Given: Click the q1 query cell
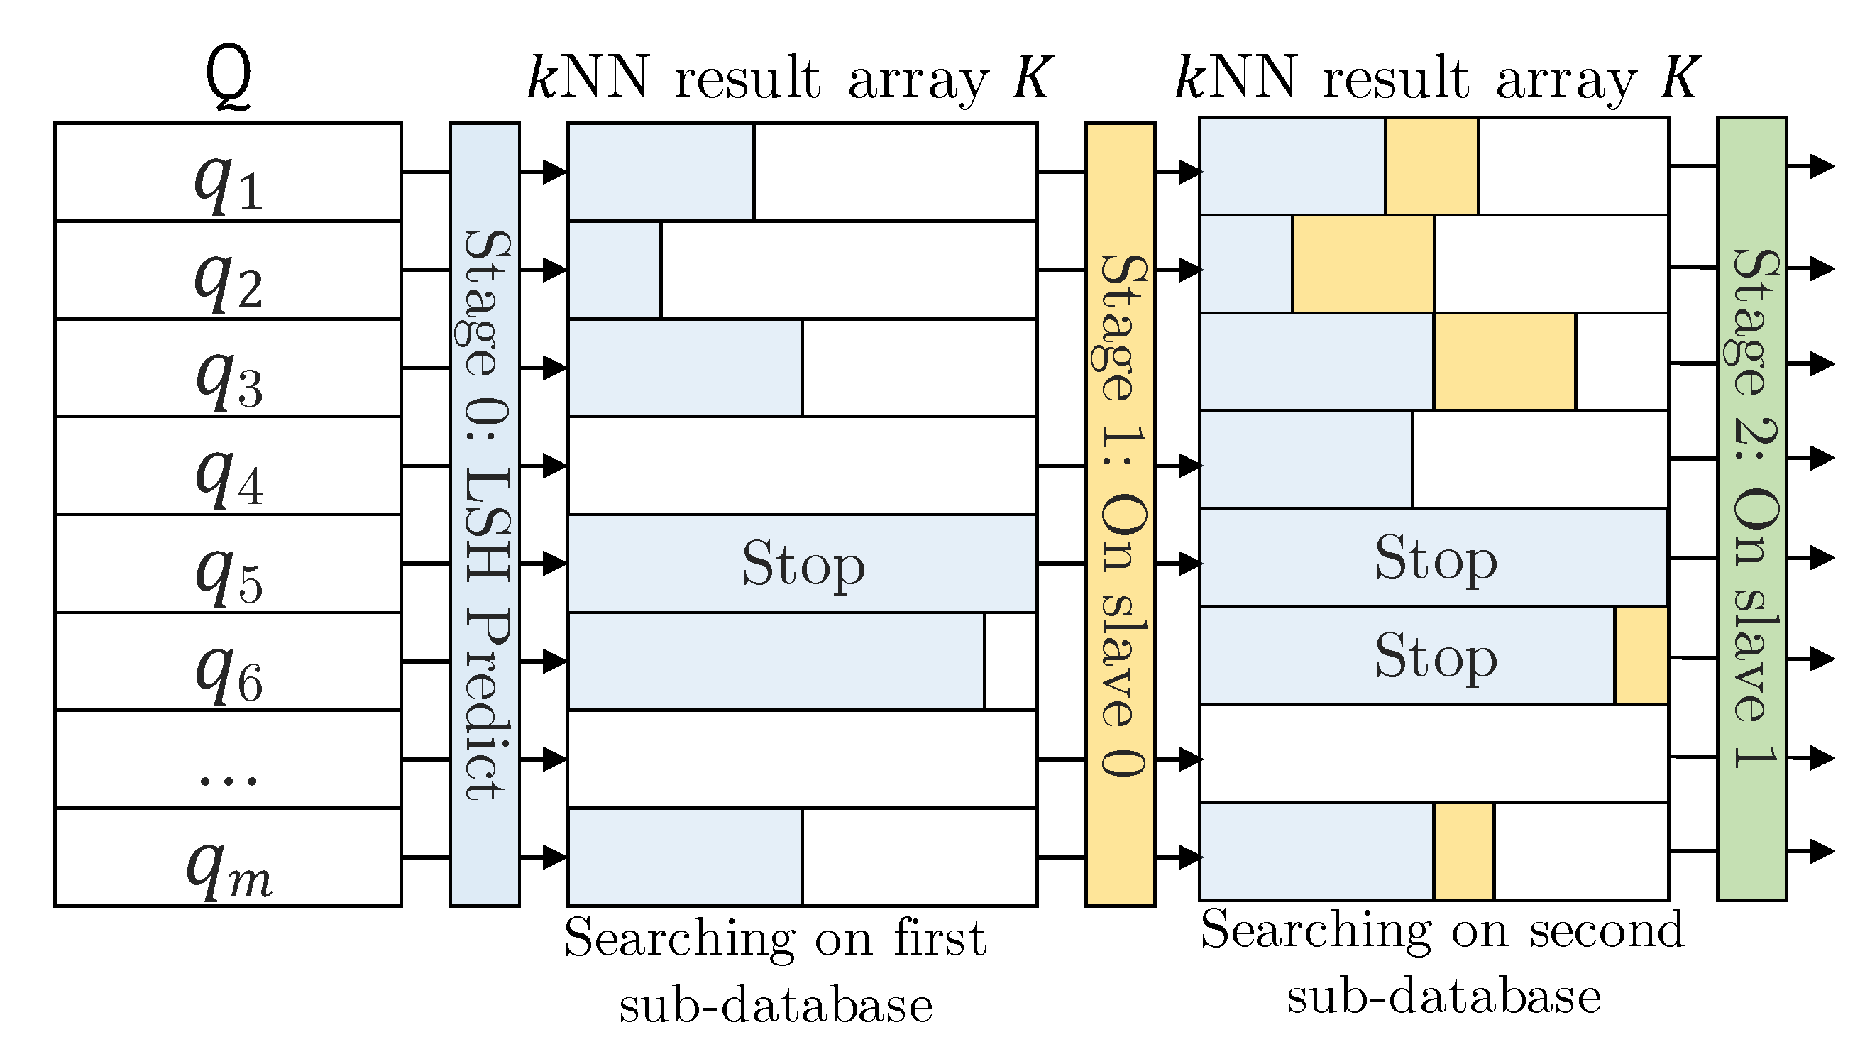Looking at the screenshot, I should (228, 172).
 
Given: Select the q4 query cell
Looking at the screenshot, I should (228, 466).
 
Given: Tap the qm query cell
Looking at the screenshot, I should (228, 858).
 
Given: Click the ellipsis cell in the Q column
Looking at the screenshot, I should (228, 760).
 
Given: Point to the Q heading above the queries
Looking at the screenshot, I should (228, 78).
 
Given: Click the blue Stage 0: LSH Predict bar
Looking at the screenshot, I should (485, 514).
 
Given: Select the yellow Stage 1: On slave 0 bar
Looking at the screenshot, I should (1120, 514).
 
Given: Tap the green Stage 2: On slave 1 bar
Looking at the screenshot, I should (1751, 508).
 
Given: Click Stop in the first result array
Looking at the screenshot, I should (803, 564).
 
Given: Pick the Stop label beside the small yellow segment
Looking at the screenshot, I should (1436, 656).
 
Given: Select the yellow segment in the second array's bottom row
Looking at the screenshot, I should (1463, 852).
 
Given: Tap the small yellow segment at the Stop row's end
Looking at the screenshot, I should (1641, 656).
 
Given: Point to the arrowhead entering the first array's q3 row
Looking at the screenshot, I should (554, 368).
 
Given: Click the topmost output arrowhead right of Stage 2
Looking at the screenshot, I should (1822, 167).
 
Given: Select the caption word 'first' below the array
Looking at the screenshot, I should (940, 939).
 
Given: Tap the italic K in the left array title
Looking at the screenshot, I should (1031, 78).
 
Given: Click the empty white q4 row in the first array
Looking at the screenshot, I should (802, 466).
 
